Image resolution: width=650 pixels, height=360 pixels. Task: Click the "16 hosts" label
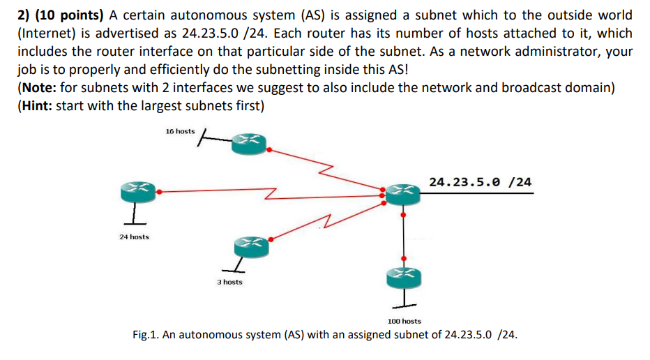click(x=180, y=131)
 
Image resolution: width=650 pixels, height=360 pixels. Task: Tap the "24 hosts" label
click(x=133, y=237)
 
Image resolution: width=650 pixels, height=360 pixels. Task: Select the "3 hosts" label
click(x=229, y=282)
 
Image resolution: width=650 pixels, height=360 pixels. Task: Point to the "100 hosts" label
click(x=404, y=321)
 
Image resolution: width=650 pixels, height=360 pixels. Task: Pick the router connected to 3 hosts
click(x=250, y=244)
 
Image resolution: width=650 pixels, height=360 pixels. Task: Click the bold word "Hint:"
click(x=39, y=106)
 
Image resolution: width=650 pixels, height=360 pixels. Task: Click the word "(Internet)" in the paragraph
click(x=47, y=33)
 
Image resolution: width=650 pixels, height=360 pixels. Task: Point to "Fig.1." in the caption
click(x=149, y=335)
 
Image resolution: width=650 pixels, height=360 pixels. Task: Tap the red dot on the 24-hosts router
click(x=160, y=190)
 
